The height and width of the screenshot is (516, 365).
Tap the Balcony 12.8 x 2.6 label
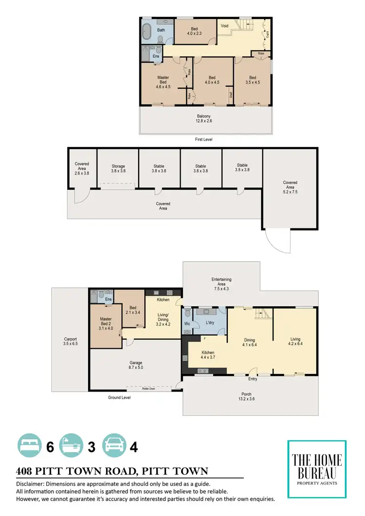click(204, 119)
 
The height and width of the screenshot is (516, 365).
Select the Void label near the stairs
click(225, 26)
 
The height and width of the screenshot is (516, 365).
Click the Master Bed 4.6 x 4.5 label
click(163, 82)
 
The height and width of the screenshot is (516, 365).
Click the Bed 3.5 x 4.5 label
click(253, 80)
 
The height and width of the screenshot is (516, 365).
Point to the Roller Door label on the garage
click(148, 389)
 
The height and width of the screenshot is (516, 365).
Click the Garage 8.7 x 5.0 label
click(136, 366)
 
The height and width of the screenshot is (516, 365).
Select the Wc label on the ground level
click(187, 323)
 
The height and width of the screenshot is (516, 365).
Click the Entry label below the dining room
click(252, 379)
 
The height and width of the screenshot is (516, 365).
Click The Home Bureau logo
click(317, 469)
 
